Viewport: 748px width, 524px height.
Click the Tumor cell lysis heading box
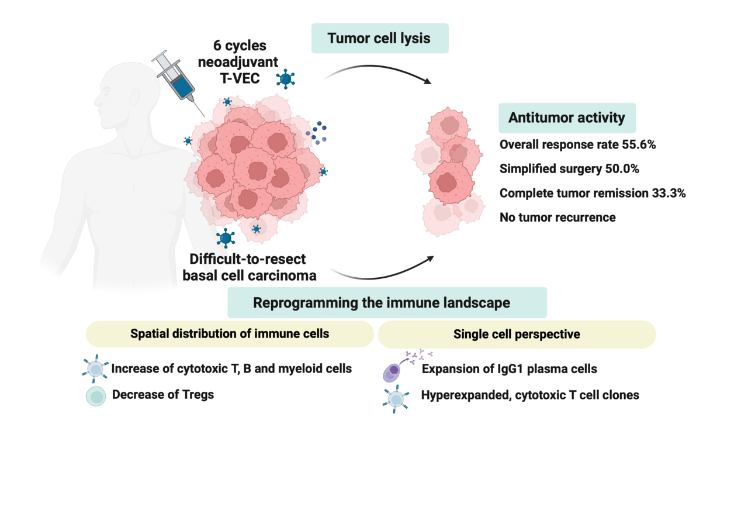[379, 39]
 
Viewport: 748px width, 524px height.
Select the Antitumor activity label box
[566, 118]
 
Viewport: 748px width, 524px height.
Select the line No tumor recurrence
[557, 218]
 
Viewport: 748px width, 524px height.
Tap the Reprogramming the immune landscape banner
[387, 302]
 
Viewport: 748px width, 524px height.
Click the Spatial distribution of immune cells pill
[230, 334]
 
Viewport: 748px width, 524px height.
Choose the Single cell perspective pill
[517, 334]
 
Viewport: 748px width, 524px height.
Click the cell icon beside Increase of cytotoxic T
[96, 368]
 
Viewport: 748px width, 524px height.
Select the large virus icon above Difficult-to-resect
[226, 237]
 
